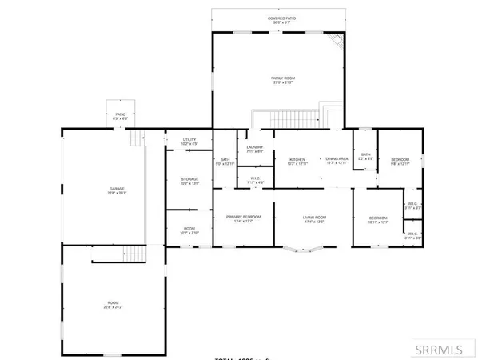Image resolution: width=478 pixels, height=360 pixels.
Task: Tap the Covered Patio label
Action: (279, 19)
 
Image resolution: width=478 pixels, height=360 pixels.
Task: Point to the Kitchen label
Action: (297, 161)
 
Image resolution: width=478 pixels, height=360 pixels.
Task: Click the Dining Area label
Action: (337, 161)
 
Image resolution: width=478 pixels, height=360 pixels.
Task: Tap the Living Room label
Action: (313, 218)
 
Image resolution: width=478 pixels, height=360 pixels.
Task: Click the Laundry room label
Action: (254, 149)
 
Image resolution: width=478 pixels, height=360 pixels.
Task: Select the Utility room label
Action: (189, 142)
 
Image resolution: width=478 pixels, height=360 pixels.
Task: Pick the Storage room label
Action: (189, 180)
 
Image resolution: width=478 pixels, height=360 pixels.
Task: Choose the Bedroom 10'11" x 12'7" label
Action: (378, 220)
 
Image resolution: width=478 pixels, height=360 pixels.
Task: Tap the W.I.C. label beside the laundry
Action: (257, 180)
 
